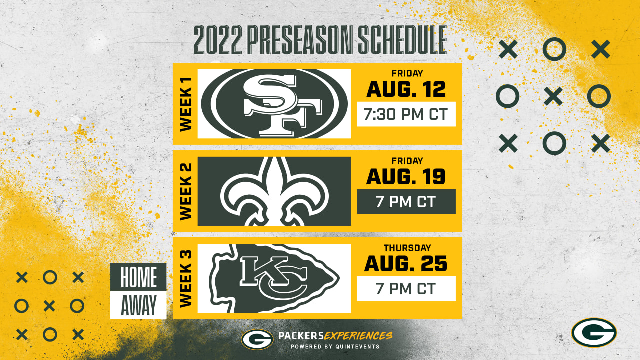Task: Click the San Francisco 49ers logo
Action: [274, 104]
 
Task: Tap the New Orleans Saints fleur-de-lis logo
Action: [275, 191]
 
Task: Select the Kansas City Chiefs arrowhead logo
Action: [274, 278]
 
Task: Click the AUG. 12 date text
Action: [406, 89]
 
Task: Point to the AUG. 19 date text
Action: [406, 177]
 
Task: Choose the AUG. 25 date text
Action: [406, 264]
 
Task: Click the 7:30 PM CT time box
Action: [406, 114]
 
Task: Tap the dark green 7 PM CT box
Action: [406, 201]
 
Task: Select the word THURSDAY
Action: [407, 248]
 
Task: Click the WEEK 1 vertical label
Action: [186, 104]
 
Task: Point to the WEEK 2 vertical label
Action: [186, 191]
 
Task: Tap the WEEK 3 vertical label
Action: [186, 279]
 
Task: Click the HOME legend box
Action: [138, 277]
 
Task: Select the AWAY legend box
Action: [138, 305]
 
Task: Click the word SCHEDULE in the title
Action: [402, 40]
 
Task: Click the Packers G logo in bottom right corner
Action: [594, 333]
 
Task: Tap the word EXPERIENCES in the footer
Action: [358, 336]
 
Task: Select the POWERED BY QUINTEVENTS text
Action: [335, 347]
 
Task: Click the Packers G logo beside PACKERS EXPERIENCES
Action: [257, 339]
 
